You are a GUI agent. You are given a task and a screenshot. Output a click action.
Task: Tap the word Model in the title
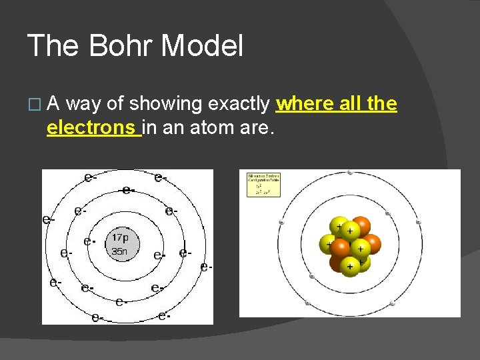pyautogui.click(x=202, y=46)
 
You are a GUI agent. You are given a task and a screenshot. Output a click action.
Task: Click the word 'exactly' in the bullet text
pyautogui.click(x=239, y=104)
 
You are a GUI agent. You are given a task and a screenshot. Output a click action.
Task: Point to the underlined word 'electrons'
pyautogui.click(x=93, y=127)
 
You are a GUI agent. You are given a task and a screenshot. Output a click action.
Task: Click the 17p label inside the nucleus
pyautogui.click(x=121, y=237)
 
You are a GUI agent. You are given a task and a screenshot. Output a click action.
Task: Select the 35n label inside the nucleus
pyautogui.click(x=120, y=251)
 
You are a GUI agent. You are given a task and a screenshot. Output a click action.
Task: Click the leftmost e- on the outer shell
pyautogui.click(x=47, y=219)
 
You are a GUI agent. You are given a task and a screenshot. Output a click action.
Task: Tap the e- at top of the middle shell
pyautogui.click(x=128, y=190)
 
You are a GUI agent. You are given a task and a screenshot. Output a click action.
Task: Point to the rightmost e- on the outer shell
pyautogui.click(x=206, y=267)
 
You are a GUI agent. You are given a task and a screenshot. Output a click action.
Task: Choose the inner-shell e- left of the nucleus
pyautogui.click(x=88, y=241)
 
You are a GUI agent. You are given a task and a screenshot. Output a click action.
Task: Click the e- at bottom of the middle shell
pyautogui.click(x=121, y=302)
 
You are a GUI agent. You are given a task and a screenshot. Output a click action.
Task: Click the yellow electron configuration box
pyautogui.click(x=264, y=185)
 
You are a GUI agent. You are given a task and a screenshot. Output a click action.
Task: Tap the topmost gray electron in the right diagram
pyautogui.click(x=350, y=173)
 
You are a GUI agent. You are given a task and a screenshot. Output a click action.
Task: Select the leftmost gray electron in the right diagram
pyautogui.click(x=281, y=222)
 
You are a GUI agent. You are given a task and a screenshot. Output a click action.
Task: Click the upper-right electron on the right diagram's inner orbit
pyautogui.click(x=388, y=214)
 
